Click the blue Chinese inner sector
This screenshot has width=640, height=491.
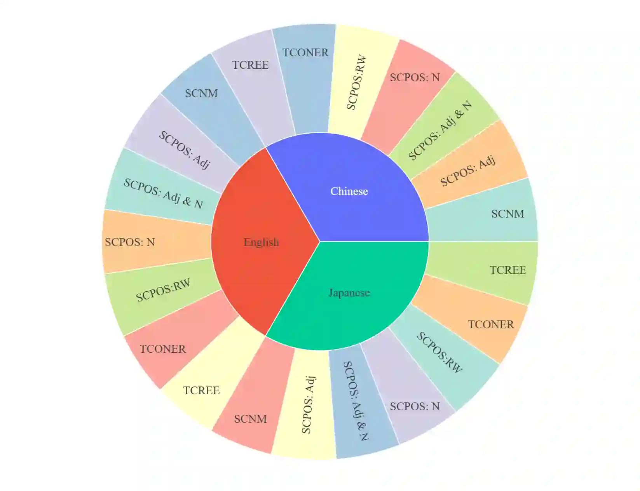point(349,191)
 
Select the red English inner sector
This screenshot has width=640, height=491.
point(261,242)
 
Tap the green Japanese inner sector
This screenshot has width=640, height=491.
point(349,293)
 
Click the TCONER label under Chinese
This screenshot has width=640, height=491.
point(305,52)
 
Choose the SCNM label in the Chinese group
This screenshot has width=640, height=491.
point(507,214)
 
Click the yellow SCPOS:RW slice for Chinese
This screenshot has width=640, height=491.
point(356,82)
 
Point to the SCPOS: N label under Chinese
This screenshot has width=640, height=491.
point(415,77)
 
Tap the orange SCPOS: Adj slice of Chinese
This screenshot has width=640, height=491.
point(468,171)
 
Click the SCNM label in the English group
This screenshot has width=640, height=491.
point(201,93)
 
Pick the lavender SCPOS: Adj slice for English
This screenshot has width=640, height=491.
point(185,150)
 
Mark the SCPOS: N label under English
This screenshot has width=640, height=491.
point(130,242)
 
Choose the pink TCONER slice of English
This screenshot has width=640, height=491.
point(163,349)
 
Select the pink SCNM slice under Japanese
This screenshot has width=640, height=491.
point(251,419)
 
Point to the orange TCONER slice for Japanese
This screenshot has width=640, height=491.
point(491,324)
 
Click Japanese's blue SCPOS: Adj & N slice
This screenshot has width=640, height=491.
point(356,401)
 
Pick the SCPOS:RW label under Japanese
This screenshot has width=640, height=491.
point(439,352)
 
